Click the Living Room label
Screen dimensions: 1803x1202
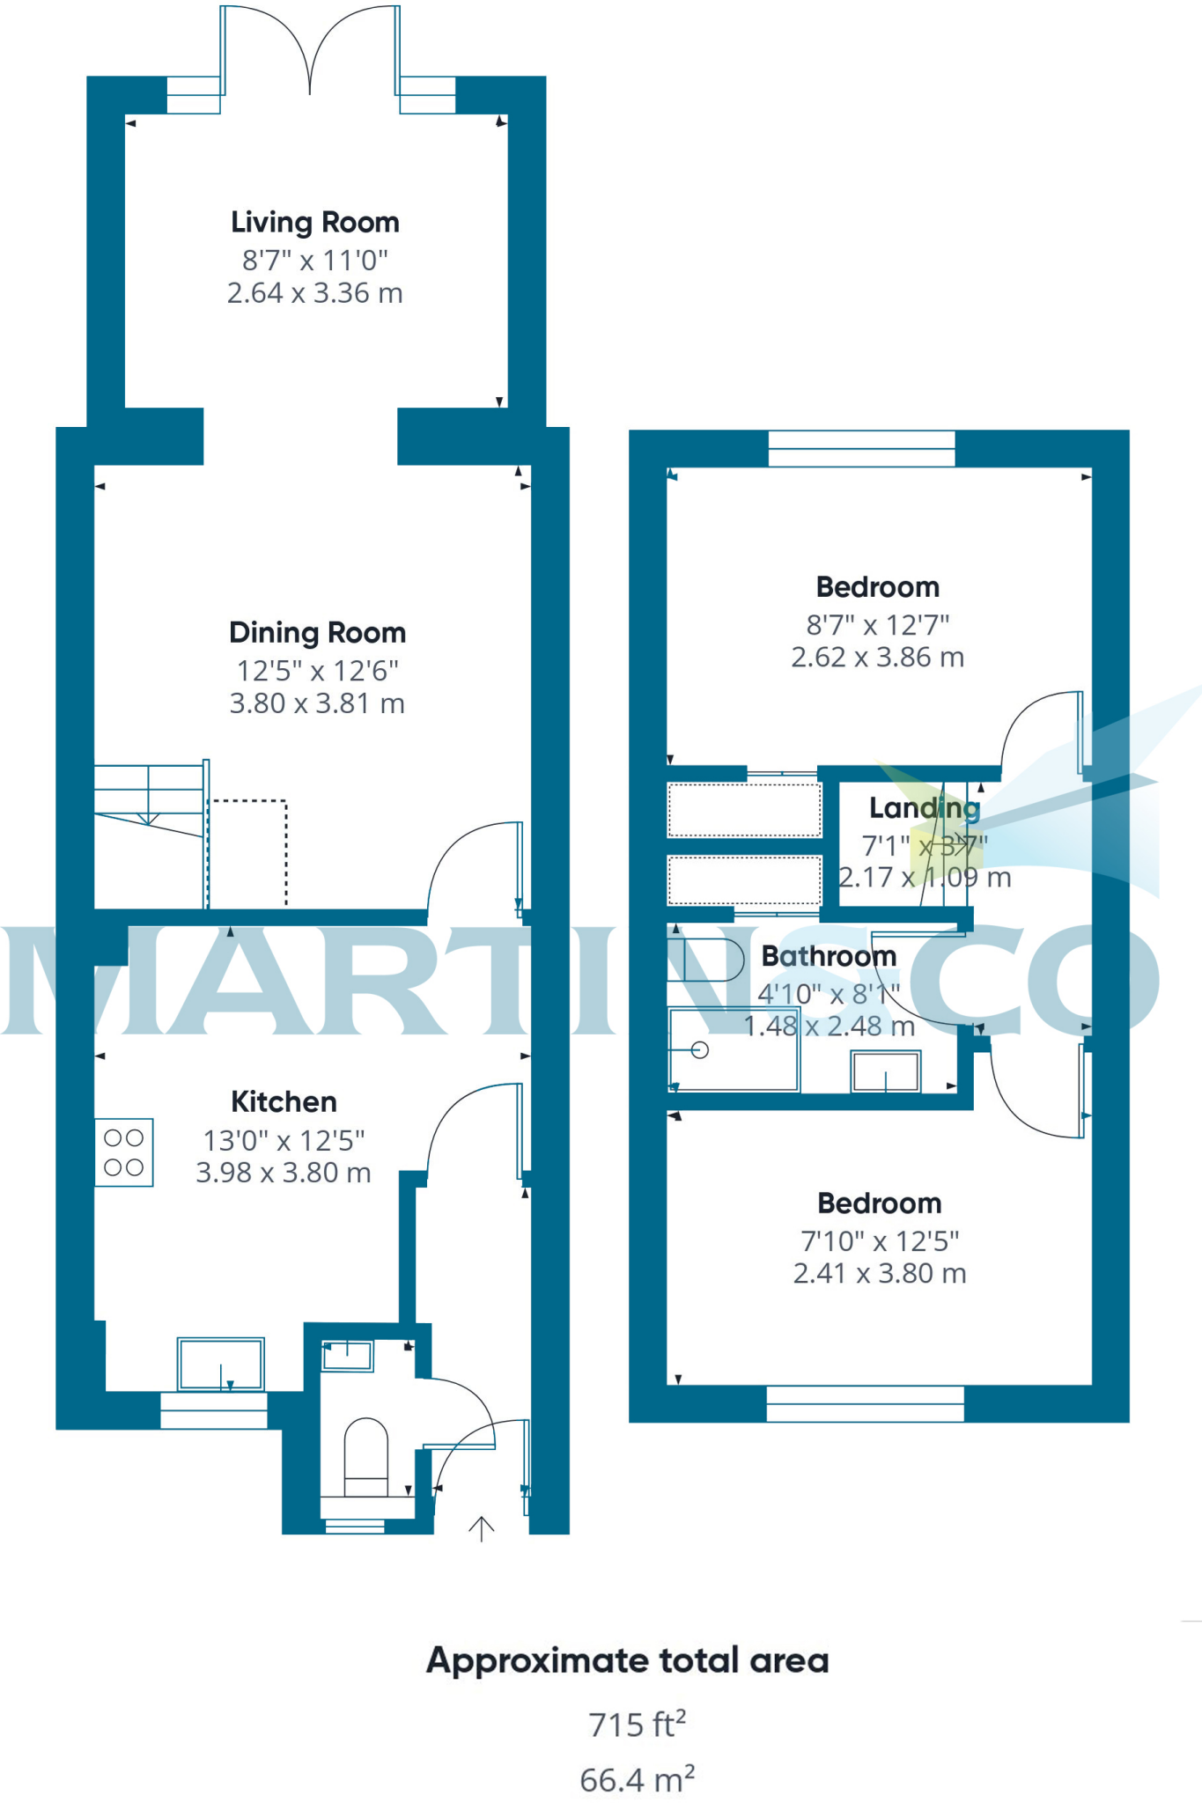point(315,222)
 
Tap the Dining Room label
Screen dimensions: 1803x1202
point(317,632)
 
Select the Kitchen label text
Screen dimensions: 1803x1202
point(284,1101)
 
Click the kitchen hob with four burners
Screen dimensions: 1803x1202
point(124,1152)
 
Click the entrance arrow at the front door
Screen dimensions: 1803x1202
point(481,1529)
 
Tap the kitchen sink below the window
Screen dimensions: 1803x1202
point(220,1365)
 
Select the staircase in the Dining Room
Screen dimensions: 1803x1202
point(150,797)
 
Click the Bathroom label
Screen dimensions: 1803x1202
point(829,955)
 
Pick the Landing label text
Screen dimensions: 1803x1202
point(924,807)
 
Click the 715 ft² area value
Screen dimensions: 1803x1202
point(637,1724)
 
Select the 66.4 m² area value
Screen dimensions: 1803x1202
point(637,1779)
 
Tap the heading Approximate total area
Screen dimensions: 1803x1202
point(627,1660)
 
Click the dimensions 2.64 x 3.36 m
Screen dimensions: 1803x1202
point(315,292)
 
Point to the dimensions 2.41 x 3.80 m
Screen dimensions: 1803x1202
point(880,1273)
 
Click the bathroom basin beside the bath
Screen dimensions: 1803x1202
point(885,1071)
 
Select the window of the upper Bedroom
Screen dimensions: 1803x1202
point(861,448)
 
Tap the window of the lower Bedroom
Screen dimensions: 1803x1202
point(865,1403)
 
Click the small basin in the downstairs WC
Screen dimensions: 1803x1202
point(347,1355)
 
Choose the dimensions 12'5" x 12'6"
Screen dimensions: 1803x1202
point(317,671)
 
